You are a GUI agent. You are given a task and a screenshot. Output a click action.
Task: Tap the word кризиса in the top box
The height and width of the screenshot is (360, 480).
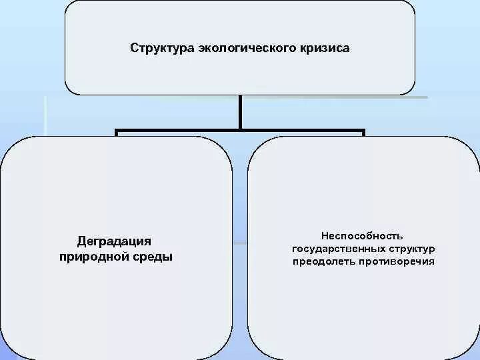click(323, 49)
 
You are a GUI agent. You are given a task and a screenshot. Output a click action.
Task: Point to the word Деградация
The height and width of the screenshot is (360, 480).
click(115, 241)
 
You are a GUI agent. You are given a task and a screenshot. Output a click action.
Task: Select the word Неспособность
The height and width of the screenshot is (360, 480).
click(362, 236)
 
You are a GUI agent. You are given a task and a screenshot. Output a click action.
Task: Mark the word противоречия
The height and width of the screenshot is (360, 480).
click(399, 261)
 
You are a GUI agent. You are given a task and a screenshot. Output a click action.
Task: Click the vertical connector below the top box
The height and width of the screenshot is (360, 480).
click(240, 111)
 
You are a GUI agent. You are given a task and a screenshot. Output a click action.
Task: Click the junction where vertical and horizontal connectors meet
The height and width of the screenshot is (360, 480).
click(240, 130)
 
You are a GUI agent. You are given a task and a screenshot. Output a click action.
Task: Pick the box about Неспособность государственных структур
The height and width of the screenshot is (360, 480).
click(363, 300)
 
